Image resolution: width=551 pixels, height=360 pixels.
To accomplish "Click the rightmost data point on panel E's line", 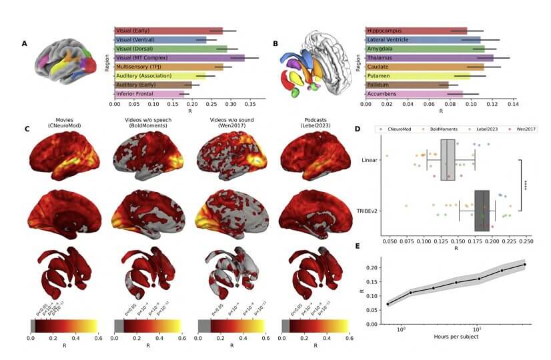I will pyautogui.click(x=524, y=265).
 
